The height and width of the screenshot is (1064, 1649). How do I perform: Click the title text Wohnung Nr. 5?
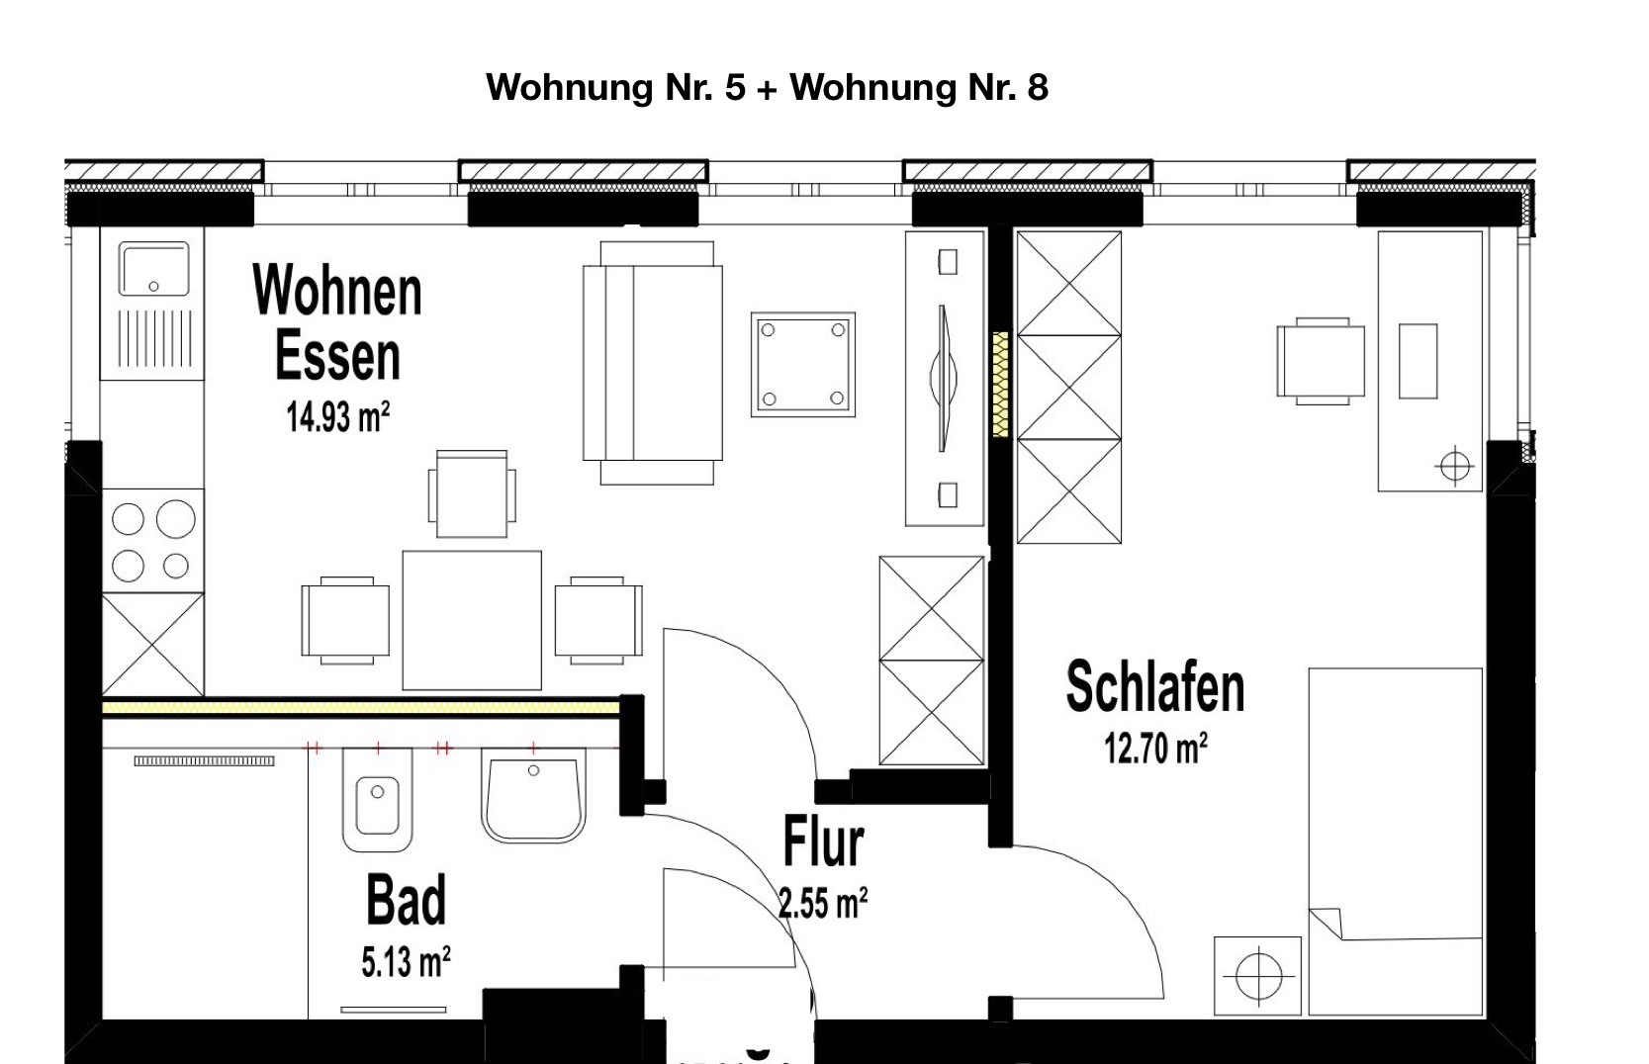point(616,88)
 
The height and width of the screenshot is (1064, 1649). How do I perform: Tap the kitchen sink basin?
point(154,270)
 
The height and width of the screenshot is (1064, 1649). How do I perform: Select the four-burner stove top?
point(153,541)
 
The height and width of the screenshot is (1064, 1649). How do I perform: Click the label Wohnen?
point(337,290)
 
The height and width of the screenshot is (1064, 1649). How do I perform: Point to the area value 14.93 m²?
point(337,417)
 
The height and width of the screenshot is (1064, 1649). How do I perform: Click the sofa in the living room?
point(653,363)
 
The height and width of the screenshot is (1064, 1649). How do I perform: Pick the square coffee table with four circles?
point(803,364)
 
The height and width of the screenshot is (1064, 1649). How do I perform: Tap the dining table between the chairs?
point(472,620)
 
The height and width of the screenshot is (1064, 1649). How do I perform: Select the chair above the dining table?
point(472,493)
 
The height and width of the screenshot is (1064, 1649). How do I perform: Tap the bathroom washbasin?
point(534,795)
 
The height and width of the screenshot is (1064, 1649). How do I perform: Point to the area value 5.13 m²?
point(406,962)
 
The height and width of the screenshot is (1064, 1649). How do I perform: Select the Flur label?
point(823,842)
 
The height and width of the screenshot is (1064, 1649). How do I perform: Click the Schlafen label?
point(1155,686)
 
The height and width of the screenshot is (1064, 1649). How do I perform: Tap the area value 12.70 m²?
point(1155,749)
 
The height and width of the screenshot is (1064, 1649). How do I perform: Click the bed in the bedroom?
point(1396,842)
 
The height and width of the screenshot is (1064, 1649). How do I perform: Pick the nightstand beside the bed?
point(1257,976)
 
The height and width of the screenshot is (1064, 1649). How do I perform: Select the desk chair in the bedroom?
point(1321,361)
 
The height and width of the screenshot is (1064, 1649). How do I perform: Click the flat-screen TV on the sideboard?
point(944,378)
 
